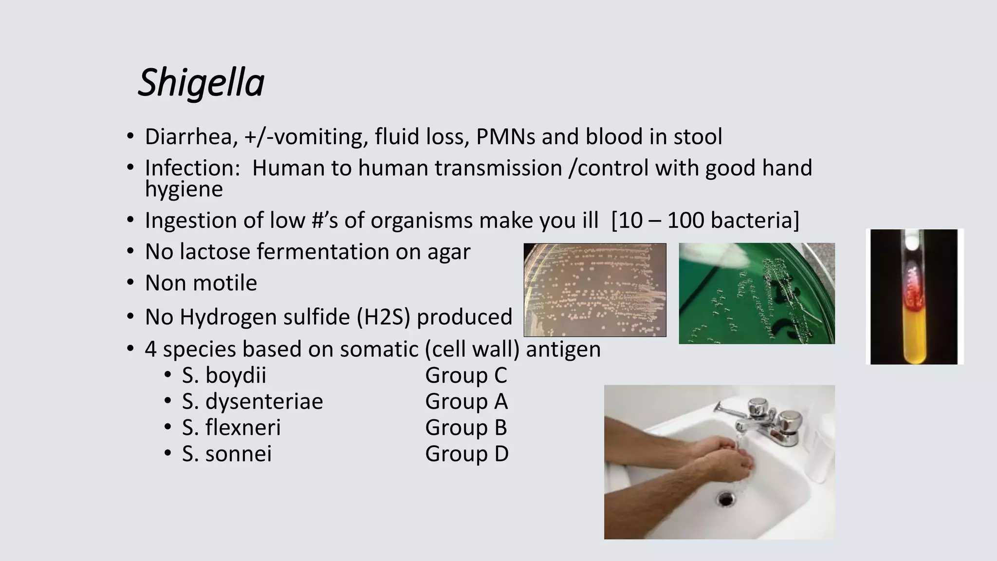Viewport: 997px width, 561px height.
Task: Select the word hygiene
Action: click(184, 189)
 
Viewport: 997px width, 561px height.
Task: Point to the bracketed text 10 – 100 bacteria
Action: click(705, 221)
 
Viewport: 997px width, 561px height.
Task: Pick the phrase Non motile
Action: click(201, 283)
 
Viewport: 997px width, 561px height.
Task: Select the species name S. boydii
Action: click(224, 375)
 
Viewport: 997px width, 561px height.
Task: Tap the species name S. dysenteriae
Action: click(252, 402)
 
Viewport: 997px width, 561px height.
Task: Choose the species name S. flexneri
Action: click(231, 428)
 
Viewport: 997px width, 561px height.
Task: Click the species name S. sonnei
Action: click(227, 454)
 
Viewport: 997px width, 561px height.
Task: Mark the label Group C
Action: click(466, 375)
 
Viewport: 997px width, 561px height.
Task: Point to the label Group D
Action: click(466, 454)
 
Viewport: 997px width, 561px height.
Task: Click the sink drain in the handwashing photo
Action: click(725, 498)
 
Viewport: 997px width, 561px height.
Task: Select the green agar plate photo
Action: click(757, 294)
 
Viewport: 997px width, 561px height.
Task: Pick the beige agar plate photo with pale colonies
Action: click(594, 290)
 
